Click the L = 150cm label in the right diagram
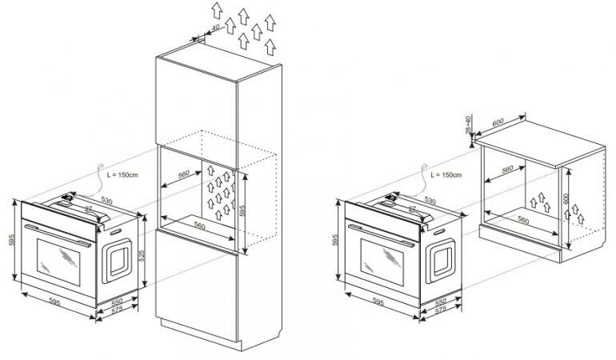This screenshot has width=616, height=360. [446, 174]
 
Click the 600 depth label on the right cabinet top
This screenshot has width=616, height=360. [498, 122]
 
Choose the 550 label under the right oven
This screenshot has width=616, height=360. [441, 304]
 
